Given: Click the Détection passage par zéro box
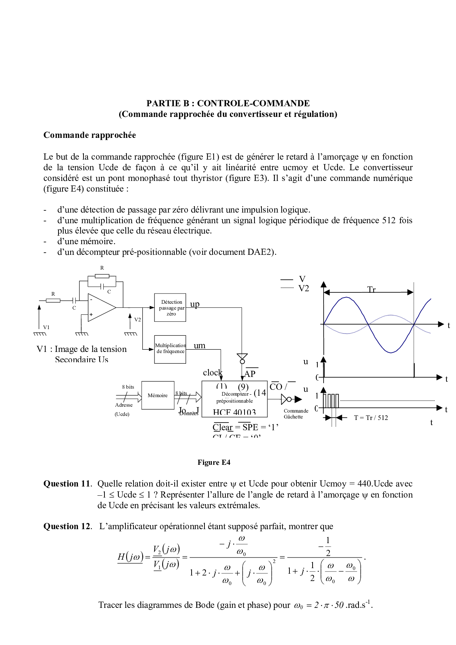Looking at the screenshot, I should (x=170, y=307).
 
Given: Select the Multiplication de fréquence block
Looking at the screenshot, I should (x=170, y=349).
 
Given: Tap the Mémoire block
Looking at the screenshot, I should (x=158, y=395).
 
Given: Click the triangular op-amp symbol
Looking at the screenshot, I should (x=101, y=307).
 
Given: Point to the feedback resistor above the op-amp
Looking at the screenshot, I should (x=102, y=276).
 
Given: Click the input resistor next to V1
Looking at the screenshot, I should (x=53, y=300).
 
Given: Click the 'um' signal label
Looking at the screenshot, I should (x=199, y=346).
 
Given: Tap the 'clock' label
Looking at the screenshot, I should (x=213, y=373).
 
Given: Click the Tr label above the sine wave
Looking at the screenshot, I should (x=371, y=289).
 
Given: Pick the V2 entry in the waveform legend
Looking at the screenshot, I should (x=303, y=288).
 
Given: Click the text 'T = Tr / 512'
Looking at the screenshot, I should (x=371, y=417).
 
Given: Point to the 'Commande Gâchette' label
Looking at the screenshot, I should (x=296, y=414).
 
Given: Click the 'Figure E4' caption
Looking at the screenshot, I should (x=214, y=462).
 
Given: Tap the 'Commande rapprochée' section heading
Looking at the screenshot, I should (x=90, y=135).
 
